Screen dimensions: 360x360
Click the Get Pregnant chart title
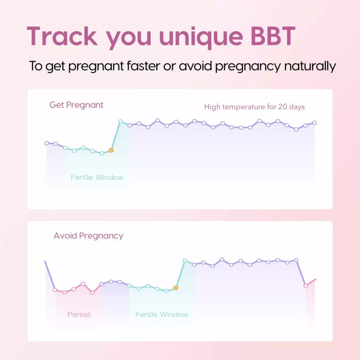coord(76,105)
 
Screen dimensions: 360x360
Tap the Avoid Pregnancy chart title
coord(88,236)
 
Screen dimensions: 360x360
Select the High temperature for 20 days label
coord(254,107)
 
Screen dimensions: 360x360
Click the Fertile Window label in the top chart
coord(97,177)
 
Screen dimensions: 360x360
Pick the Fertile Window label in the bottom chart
coord(162,314)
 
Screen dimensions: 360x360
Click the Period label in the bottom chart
coord(79,314)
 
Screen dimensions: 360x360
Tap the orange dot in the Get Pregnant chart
coord(111,150)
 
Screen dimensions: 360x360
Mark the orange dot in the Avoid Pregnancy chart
coord(176,288)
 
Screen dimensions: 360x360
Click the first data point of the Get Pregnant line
coord(46,143)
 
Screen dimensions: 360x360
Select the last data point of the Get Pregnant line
coord(315,122)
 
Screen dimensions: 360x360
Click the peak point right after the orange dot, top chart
coord(120,121)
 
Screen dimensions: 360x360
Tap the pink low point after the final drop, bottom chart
coord(306,285)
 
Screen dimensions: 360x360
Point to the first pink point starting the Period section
coord(55,290)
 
